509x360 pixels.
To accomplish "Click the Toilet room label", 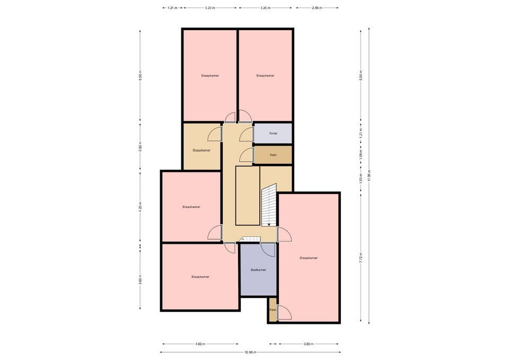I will point(273,134).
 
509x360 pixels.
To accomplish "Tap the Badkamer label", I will point(258,270).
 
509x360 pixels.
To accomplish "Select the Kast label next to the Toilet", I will point(273,155).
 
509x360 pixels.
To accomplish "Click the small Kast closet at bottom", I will point(273,310).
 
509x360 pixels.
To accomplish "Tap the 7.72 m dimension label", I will point(361,258).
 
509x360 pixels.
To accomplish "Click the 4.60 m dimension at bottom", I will point(200,344).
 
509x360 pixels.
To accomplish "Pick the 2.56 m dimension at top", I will point(317,8).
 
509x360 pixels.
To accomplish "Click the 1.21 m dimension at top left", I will point(172,8).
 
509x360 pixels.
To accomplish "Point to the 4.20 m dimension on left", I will point(140,206).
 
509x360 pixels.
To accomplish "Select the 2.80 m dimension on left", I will point(140,146).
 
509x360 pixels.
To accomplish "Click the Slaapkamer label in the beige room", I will point(201,150).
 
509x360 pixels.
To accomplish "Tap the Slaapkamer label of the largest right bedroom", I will point(309,258).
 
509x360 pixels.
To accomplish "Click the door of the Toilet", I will point(246,135).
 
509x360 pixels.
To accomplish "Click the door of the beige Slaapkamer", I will point(215,134).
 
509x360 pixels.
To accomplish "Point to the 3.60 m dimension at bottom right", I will point(309,344).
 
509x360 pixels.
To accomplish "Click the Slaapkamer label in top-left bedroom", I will point(210,75).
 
